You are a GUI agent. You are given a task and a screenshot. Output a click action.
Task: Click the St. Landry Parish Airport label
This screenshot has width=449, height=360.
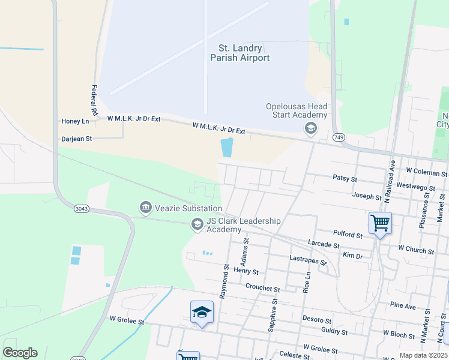point(240,53)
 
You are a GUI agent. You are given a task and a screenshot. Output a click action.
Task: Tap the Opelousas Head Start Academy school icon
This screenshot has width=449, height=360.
point(311,128)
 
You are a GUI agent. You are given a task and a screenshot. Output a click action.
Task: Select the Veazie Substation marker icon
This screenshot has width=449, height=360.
point(145,208)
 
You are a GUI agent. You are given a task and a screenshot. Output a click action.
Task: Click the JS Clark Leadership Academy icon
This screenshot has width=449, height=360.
point(197,224)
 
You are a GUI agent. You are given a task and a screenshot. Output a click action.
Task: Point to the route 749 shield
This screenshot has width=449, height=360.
point(340,138)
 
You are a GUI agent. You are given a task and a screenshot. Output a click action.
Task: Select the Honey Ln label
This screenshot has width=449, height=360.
point(75,121)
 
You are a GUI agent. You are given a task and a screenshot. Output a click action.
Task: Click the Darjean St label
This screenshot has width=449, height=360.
point(76,139)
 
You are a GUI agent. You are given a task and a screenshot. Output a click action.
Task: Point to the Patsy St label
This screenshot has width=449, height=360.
point(345,178)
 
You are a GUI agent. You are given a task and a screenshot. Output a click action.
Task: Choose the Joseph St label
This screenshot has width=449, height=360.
point(367,197)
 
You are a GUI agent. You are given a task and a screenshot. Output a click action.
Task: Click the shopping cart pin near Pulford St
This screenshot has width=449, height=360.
point(380,224)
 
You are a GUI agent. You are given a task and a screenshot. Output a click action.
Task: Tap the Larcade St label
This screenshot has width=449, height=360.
point(324,245)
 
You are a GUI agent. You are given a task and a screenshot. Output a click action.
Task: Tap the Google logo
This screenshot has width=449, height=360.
point(20,353)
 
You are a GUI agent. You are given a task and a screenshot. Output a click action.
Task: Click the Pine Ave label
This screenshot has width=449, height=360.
point(402,306)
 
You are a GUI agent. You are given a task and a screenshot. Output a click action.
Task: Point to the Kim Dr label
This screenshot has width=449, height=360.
point(352,256)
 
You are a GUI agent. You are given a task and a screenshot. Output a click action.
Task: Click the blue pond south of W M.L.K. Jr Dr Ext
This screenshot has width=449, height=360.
point(227,147)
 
